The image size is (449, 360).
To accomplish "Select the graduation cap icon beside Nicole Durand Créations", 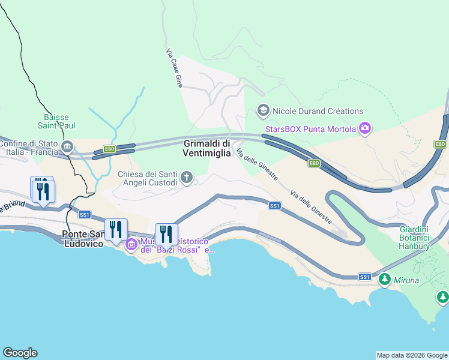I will pos(262,110).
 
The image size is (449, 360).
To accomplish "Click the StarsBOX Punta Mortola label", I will pos(311,128).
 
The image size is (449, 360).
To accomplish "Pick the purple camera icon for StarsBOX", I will pos(364,128).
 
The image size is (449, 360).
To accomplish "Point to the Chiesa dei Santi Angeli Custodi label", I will pos(148,178).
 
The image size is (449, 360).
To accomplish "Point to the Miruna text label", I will pos(407,279).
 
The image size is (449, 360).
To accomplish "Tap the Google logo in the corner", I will pos(20,352).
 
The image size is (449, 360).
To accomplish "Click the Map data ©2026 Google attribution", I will pos(411,355).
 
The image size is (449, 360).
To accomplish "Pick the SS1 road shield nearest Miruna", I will pos(364,277).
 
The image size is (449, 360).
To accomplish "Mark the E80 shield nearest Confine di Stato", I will pos(109,149).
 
